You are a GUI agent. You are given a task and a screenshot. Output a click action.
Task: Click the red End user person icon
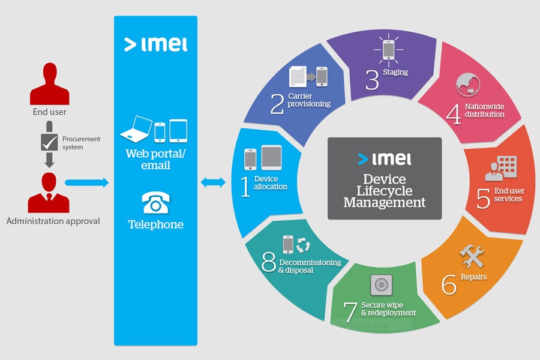coord(49,83)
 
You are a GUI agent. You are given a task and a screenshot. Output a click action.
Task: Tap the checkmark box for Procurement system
coord(49,142)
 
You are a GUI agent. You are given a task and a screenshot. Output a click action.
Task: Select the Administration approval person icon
coord(49,192)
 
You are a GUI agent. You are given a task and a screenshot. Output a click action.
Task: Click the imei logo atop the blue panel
coord(155,44)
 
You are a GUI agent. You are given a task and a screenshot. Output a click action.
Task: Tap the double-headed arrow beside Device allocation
coord(213,182)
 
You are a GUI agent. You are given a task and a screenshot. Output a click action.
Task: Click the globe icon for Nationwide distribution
coord(468,85)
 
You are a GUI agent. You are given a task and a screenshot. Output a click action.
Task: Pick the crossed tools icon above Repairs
coord(472,257)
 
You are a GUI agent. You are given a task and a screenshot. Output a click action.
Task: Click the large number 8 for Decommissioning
coord(269,262)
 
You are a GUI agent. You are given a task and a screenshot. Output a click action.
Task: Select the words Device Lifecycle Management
coord(384,191)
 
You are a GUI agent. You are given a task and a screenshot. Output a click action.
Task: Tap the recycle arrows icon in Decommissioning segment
coord(304,245)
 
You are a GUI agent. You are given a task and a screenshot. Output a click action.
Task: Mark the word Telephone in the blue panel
coord(155,225)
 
